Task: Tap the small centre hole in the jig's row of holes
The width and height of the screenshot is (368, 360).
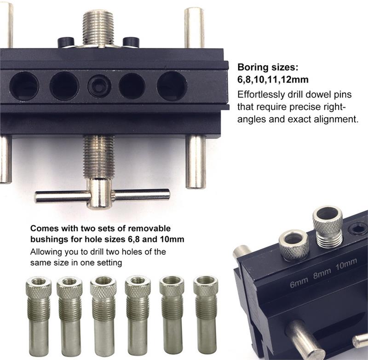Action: tap(99, 86)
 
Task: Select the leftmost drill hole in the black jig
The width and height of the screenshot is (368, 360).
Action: tap(24, 86)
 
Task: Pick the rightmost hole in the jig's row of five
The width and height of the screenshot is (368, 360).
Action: tap(172, 86)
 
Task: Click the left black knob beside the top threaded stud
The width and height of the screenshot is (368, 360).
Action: tap(66, 42)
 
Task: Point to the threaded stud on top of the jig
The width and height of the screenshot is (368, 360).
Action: tap(98, 29)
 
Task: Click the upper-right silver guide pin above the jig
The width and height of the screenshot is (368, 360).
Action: tap(194, 28)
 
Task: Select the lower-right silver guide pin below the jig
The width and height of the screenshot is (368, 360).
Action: tap(195, 162)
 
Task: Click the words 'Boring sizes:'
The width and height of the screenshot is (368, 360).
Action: tap(268, 67)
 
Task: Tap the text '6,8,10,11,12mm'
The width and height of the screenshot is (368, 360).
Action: tap(273, 80)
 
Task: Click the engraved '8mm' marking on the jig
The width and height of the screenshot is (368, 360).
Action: tap(322, 274)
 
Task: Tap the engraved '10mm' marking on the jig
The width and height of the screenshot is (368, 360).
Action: tap(346, 264)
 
